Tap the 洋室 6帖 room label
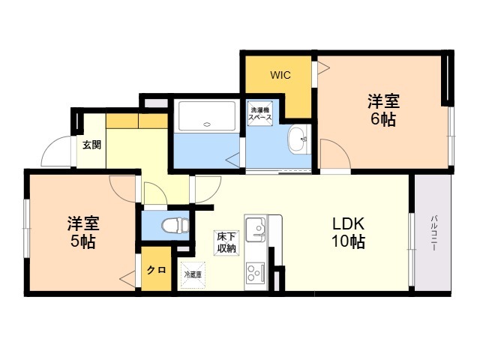coord(382,110)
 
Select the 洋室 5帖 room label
coord(82,232)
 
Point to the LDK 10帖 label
coord(348,232)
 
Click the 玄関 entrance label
coord(91,145)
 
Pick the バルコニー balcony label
coord(433,233)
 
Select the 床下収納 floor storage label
coord(226,242)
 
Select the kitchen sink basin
coord(256,228)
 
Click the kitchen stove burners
coord(256,271)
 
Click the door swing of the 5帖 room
coord(122,188)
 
